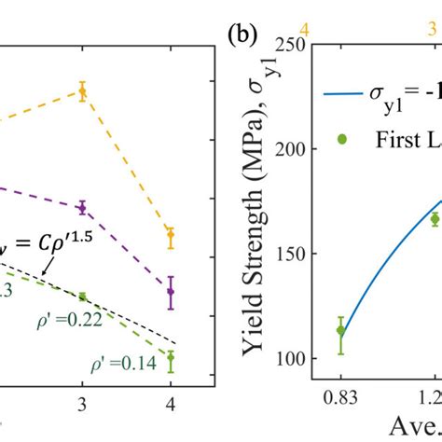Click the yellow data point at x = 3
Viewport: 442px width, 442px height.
82,90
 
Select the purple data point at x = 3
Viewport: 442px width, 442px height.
82,207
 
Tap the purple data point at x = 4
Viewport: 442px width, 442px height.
171,292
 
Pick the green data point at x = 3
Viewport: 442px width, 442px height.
82,297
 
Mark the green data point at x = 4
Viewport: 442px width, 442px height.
171,357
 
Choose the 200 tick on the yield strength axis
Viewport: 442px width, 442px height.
301,150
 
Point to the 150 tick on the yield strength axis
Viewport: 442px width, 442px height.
301,255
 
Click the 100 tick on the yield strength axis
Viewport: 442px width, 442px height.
301,359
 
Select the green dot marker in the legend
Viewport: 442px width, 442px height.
341,139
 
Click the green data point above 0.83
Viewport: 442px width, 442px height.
341,330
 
